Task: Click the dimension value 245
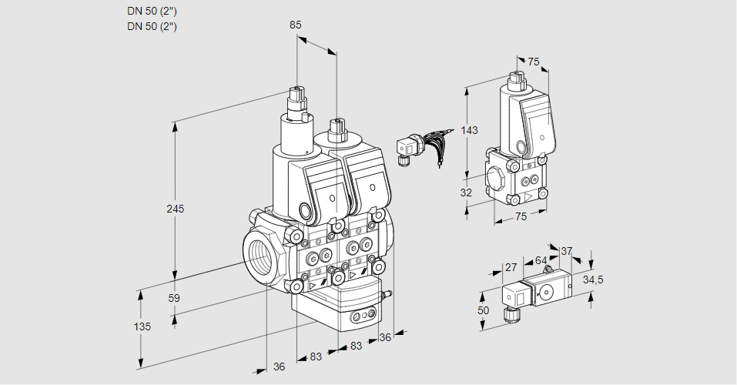coord(176,209)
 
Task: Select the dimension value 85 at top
coord(295,25)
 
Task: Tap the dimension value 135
coord(142,326)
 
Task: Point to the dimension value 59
coord(174,298)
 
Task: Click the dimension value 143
coord(469,130)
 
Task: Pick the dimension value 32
coord(466,192)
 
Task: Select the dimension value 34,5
coord(593,280)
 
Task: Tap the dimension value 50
coord(483,311)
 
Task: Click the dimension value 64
coord(541,260)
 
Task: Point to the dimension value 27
coord(511,267)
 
